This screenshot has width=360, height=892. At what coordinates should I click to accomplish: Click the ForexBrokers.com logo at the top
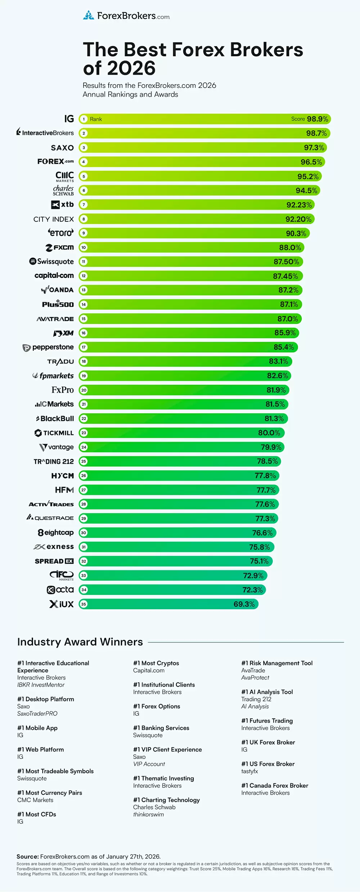point(126,16)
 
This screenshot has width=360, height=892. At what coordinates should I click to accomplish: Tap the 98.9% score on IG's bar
point(317,119)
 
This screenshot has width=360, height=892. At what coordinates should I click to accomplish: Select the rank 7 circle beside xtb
point(84,205)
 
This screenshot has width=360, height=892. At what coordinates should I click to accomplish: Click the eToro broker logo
point(61,233)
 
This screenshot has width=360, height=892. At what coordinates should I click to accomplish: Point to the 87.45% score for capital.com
point(285,276)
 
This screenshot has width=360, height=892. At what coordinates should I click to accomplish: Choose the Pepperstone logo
point(48,348)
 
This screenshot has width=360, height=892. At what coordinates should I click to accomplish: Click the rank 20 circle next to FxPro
point(84,390)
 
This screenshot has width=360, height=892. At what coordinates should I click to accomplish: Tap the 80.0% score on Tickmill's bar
point(269,433)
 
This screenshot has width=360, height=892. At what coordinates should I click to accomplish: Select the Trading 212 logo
point(54,462)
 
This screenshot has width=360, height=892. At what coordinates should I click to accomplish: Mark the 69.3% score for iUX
point(244,604)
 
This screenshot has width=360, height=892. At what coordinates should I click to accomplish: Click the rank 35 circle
point(84,604)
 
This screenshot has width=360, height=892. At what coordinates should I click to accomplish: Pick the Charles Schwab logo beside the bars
point(63,190)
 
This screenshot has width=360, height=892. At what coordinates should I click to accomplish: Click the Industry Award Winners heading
point(80,642)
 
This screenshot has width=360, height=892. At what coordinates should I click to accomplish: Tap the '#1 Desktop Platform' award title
point(46,699)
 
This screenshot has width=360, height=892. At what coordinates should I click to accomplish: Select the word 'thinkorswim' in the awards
point(148,814)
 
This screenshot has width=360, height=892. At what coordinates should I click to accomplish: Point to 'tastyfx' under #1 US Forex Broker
point(249,771)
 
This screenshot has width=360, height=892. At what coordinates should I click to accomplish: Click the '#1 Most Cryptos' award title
point(156,663)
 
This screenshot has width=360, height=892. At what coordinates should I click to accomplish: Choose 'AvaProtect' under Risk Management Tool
point(255,677)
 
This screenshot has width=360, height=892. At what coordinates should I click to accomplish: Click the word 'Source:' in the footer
point(27,856)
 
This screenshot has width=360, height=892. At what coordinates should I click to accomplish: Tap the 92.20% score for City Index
point(298,219)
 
